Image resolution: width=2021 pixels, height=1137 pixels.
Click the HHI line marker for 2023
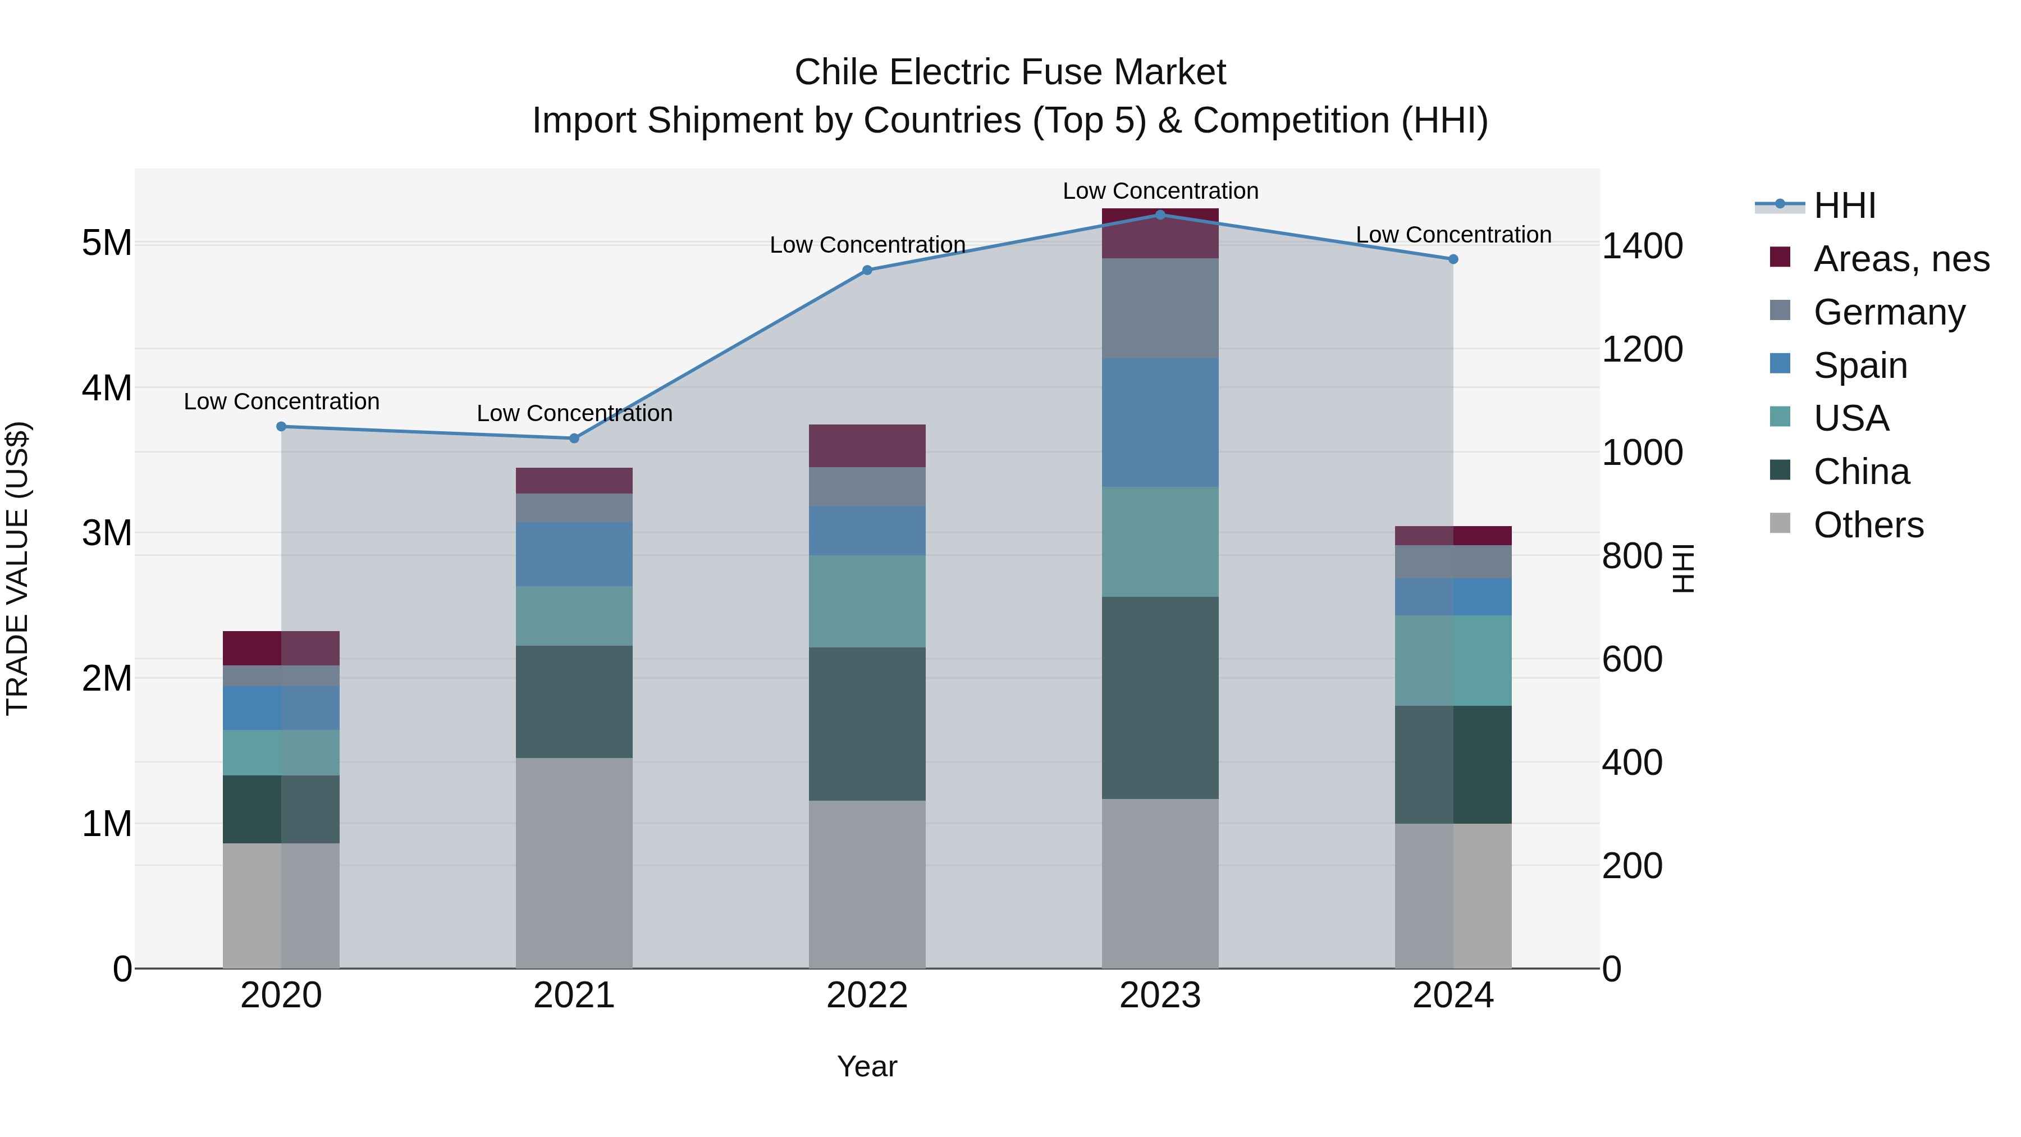pos(1160,214)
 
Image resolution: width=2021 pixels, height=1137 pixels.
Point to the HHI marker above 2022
pos(867,270)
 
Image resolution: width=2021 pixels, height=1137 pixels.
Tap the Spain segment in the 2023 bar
pos(1160,422)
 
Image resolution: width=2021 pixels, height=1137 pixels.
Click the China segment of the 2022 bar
pos(867,724)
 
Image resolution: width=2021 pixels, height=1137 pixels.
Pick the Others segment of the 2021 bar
pos(574,862)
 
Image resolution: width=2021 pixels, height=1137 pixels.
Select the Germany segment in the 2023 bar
pos(1160,308)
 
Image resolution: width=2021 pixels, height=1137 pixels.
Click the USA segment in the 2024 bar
pos(1453,661)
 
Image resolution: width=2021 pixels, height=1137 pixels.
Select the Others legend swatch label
pos(1868,525)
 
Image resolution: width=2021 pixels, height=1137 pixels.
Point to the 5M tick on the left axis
pos(107,243)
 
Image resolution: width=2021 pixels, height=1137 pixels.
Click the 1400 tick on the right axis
pos(1642,246)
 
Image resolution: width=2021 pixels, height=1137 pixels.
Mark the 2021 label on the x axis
pos(574,996)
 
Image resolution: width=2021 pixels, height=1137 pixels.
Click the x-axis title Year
pos(867,1066)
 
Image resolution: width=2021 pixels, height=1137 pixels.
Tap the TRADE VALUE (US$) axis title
pos(18,568)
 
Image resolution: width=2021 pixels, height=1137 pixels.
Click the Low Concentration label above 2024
pos(1453,235)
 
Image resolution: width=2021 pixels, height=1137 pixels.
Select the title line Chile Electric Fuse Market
pos(1010,72)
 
